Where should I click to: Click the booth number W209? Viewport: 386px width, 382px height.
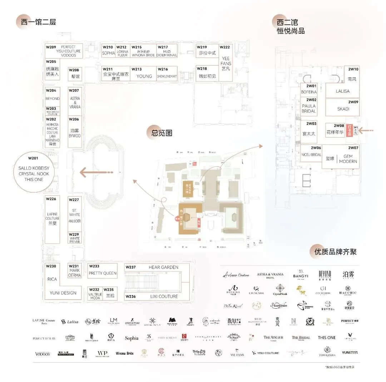(51, 47)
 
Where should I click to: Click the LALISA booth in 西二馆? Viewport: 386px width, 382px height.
(342, 91)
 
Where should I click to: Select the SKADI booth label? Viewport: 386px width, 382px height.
(343, 109)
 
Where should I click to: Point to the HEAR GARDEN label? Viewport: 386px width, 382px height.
(163, 267)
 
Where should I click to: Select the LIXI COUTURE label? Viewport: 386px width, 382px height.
(163, 296)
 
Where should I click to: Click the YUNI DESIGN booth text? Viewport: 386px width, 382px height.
(63, 293)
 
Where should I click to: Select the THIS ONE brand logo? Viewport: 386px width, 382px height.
(327, 338)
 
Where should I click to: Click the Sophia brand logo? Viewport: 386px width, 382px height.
(132, 338)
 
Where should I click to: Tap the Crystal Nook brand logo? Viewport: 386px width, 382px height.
(280, 289)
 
